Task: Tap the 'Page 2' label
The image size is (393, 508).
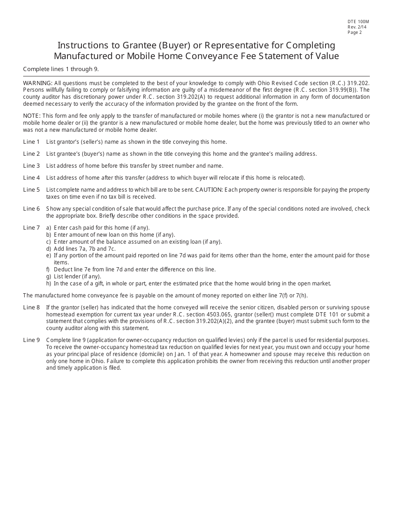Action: tap(355, 32)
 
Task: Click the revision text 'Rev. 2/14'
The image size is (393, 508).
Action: tap(357, 27)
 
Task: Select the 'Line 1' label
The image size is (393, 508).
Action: tap(31, 142)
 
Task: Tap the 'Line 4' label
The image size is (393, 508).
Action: tap(31, 178)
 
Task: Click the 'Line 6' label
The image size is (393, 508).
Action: tap(31, 209)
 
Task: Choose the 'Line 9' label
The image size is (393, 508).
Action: tap(31, 340)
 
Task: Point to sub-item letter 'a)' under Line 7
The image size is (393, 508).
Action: tap(49, 228)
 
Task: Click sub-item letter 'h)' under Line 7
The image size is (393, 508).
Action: tap(49, 283)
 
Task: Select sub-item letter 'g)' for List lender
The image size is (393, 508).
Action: tap(49, 276)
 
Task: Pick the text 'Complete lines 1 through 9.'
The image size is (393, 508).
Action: tap(61, 69)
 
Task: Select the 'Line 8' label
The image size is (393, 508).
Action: tap(31, 307)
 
